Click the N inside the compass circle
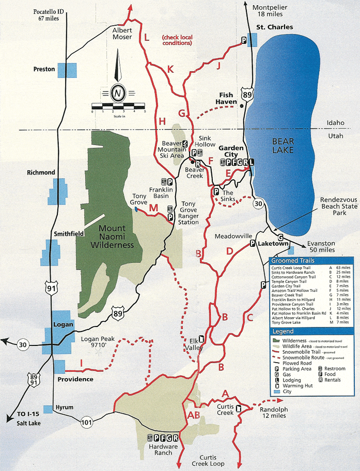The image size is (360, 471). [x=118, y=93]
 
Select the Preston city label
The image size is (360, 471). [x=44, y=69]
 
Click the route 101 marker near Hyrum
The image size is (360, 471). [x=87, y=422]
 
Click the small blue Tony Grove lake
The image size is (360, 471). [x=135, y=210]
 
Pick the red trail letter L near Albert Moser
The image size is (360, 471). [x=147, y=37]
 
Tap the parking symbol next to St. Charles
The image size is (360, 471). [x=243, y=40]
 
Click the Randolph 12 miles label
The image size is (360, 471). [x=274, y=412]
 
